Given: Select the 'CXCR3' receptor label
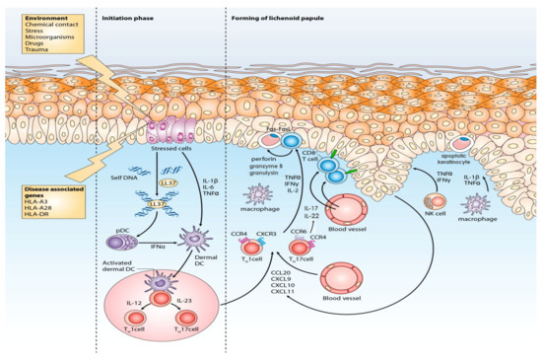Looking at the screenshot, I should click(x=267, y=234).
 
